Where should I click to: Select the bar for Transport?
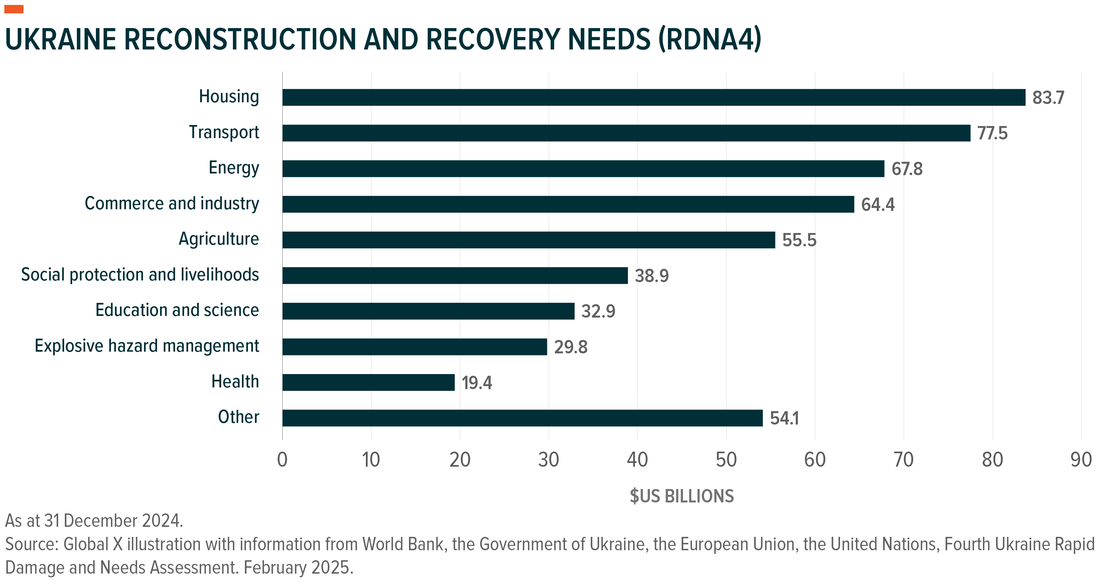(626, 133)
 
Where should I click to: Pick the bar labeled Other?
(522, 418)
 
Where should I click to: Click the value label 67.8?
(907, 169)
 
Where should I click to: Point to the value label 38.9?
(651, 276)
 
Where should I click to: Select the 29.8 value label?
(570, 347)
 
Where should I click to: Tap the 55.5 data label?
(799, 240)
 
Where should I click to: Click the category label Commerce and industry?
(172, 203)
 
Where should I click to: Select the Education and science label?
(177, 310)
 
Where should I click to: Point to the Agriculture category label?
(219, 239)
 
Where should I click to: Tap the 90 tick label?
(1081, 460)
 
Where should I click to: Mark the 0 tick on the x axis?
(282, 460)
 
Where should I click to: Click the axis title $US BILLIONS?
(682, 496)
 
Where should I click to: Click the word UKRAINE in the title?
(60, 40)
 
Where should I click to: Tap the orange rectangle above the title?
(14, 9)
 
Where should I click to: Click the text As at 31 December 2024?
(94, 521)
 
